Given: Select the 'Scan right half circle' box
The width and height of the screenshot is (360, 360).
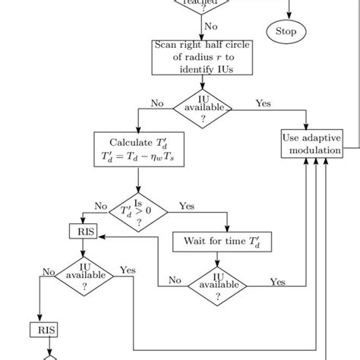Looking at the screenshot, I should tap(201, 57).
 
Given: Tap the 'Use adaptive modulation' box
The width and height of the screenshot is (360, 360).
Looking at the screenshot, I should tap(312, 144).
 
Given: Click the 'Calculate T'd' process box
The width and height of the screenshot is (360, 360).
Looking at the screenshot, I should tap(137, 150).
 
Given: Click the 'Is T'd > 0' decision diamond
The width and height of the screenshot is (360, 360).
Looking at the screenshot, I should tap(138, 212).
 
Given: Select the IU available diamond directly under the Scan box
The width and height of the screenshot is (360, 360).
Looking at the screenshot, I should tap(203, 108).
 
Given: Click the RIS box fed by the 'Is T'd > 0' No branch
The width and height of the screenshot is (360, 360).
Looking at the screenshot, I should tap(84, 230).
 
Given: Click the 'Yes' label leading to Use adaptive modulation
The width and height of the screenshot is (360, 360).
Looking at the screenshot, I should tap(264, 103).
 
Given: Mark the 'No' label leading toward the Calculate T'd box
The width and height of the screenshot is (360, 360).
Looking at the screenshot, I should tap(157, 103).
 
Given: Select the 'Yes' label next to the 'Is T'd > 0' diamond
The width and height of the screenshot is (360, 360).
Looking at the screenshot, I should tap(186, 205).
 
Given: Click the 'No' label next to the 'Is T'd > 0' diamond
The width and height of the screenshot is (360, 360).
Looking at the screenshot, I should tap(100, 205).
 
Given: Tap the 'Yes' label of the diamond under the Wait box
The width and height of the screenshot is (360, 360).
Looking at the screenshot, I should tap(278, 282).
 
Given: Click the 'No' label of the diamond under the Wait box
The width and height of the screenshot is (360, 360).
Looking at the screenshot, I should tap(175, 280).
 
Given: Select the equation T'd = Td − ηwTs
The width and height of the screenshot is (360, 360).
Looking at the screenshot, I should tap(137, 157).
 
